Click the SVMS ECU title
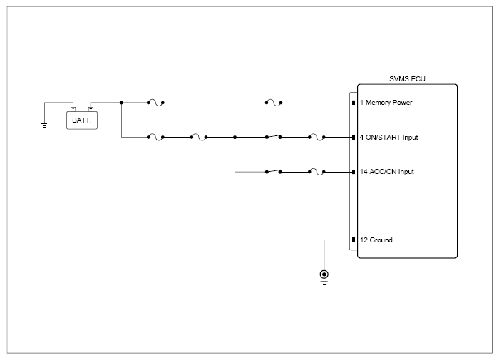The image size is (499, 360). (407, 78)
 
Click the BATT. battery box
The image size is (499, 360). (82, 120)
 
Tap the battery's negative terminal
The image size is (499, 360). (73, 109)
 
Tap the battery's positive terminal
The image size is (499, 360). (91, 109)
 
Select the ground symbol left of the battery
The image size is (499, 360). (44, 125)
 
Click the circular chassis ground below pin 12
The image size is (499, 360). (324, 276)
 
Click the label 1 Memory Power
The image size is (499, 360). (386, 103)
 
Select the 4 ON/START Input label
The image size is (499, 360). (389, 137)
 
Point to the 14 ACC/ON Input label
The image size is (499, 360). (386, 172)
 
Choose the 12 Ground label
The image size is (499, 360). (376, 240)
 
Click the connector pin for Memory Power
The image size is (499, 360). (354, 103)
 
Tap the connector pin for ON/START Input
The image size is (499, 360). (354, 137)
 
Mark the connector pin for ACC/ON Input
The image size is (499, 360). (354, 172)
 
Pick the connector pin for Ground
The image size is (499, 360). (354, 240)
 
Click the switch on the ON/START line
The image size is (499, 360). (273, 137)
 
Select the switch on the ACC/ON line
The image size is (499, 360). (273, 171)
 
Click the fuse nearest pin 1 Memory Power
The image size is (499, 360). (274, 103)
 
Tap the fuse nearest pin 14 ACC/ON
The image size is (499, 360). (317, 172)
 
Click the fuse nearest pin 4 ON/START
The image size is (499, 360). (317, 137)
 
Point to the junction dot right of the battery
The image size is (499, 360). (121, 103)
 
